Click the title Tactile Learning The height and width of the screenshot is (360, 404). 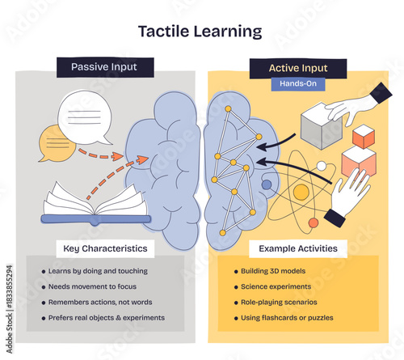(x=200, y=32)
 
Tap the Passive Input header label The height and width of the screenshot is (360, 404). (x=105, y=67)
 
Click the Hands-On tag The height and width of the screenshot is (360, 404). (x=297, y=83)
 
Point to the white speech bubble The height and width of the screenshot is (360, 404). (x=85, y=116)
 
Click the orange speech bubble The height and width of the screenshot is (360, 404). (x=57, y=144)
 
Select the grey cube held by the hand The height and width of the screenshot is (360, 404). (x=320, y=125)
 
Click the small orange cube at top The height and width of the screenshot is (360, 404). (x=364, y=137)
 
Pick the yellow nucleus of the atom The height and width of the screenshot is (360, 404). (x=301, y=193)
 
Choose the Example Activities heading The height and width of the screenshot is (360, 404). (x=298, y=248)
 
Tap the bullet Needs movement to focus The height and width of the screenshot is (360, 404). (x=92, y=286)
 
